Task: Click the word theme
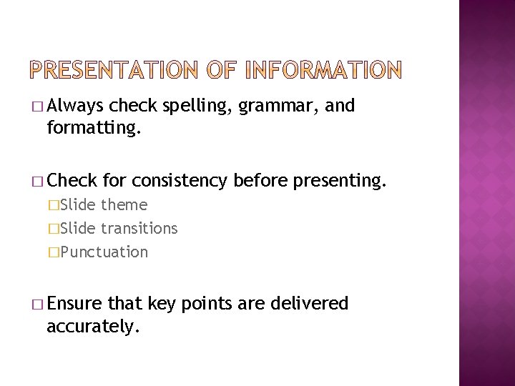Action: (x=124, y=205)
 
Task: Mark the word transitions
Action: (x=139, y=229)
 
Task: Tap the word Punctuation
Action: (x=104, y=252)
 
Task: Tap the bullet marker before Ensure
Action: (x=39, y=304)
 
